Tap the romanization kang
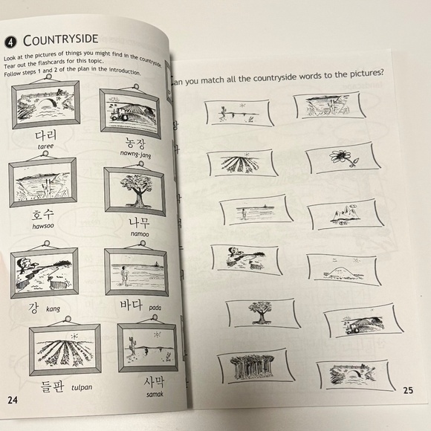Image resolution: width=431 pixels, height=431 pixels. (x=53, y=308)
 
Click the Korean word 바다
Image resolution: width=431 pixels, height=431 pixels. (x=135, y=304)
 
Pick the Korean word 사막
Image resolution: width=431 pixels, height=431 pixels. (x=147, y=382)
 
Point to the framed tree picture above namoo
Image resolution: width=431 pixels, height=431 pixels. (x=134, y=191)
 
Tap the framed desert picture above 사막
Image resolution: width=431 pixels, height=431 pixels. (x=147, y=347)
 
